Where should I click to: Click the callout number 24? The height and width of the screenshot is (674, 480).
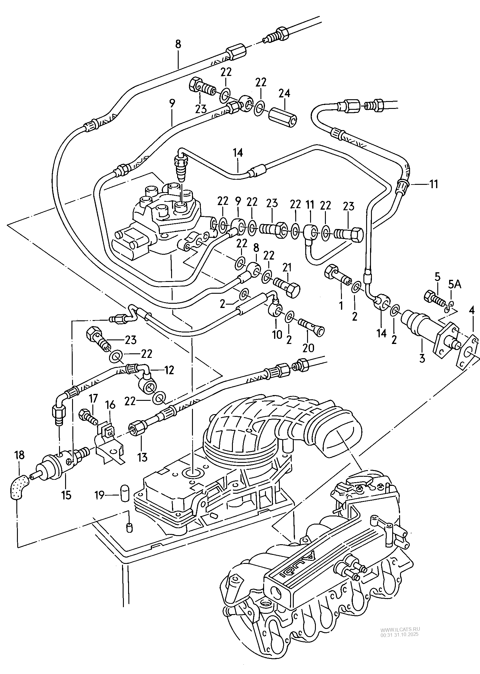[x=284, y=93]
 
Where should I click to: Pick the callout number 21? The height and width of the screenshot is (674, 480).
[x=286, y=267]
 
